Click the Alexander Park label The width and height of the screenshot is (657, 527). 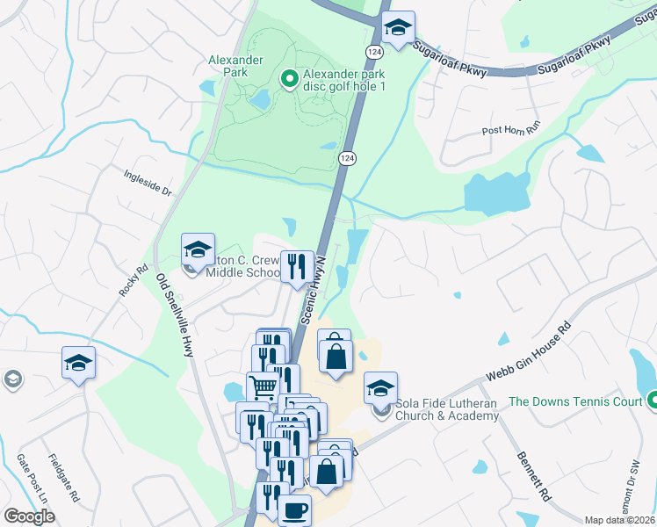point(235,67)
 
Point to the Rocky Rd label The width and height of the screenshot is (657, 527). point(133,278)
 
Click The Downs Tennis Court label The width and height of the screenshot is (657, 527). point(575,402)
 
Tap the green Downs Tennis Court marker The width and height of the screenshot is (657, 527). point(650,401)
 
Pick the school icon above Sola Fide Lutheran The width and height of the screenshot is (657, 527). point(380,387)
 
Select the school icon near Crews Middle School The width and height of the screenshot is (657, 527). point(198,249)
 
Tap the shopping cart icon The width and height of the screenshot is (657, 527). point(263,385)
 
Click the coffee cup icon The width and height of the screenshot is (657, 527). point(294,510)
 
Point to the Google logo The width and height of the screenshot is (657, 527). point(29,516)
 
